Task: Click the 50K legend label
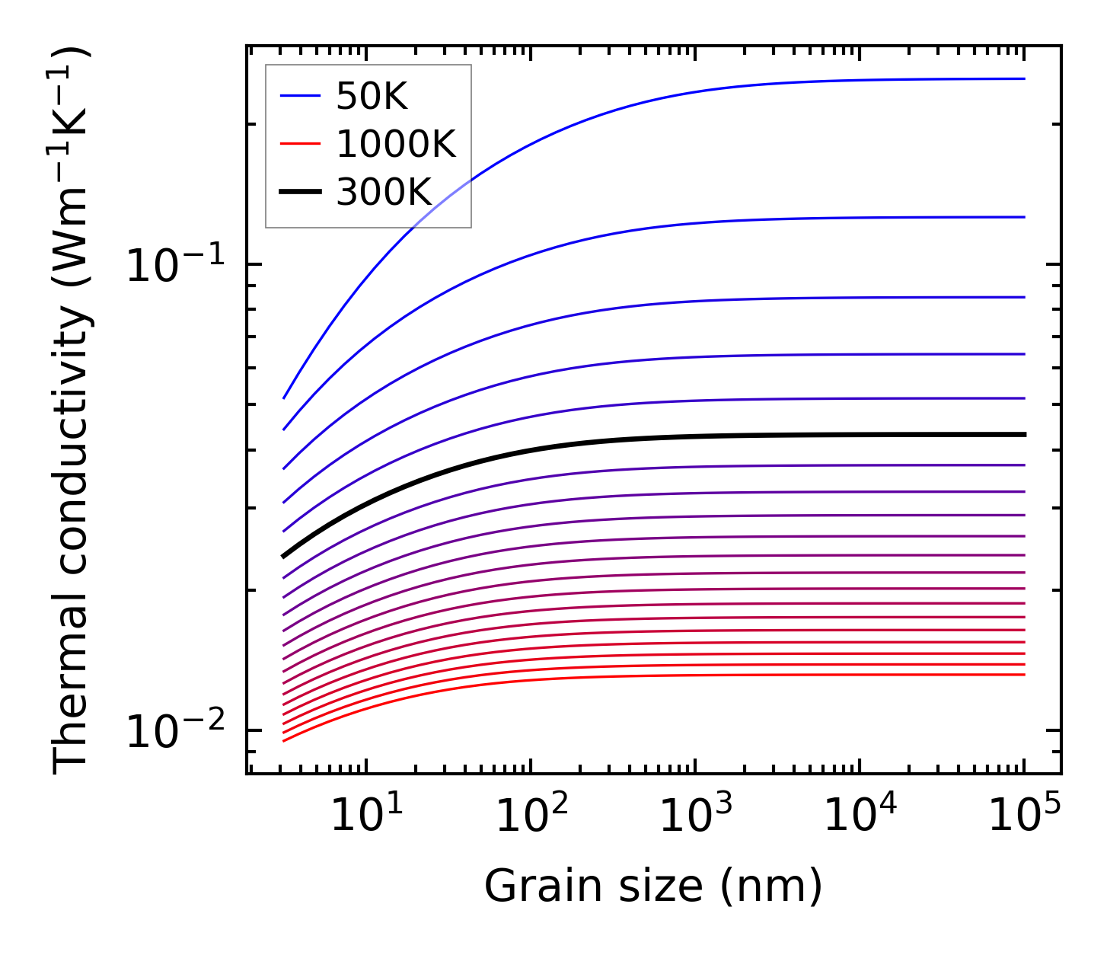point(372,97)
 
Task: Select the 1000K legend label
point(396,145)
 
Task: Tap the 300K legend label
point(384,193)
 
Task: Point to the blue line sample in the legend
point(301,96)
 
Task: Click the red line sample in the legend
point(301,144)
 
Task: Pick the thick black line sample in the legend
point(301,192)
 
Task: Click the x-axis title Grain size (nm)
point(653,886)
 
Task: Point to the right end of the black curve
point(1024,434)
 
